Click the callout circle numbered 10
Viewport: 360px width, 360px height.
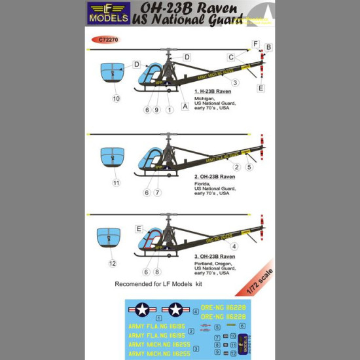coord(116,99)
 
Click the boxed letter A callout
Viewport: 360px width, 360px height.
coord(185,106)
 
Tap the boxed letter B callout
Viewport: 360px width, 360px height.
coord(268,47)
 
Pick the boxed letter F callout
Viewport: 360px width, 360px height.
coord(256,44)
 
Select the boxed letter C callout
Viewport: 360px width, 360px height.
coord(231,57)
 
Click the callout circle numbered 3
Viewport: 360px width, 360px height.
coord(234,82)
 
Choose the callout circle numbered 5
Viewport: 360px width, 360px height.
coord(249,167)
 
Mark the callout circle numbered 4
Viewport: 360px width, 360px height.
coord(234,246)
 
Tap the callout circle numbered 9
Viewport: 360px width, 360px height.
coord(157,109)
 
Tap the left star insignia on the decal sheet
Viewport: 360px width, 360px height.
coord(143,310)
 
